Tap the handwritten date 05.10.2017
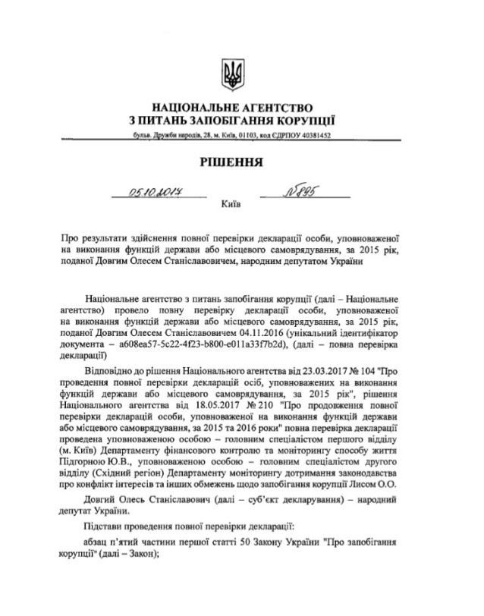pyautogui.click(x=159, y=194)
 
